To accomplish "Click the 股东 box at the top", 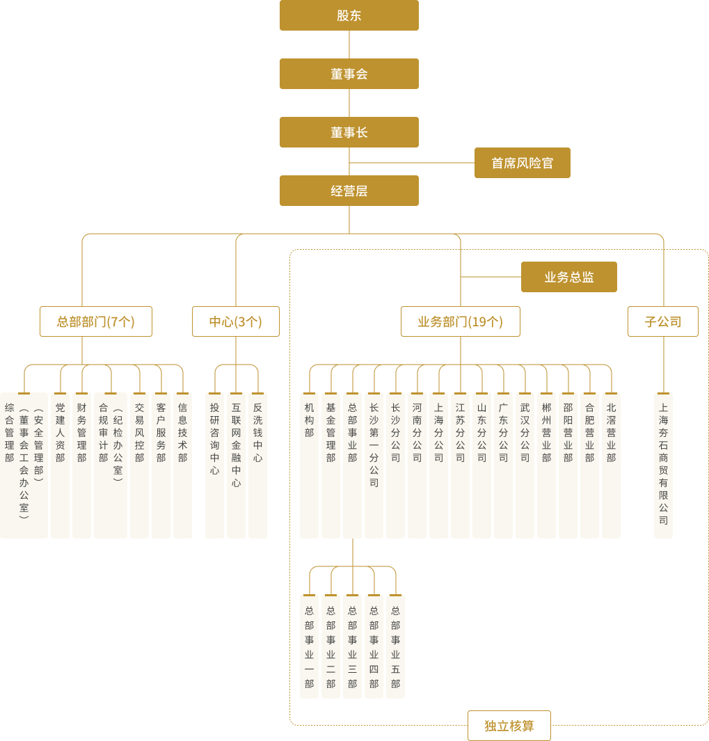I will (349, 15).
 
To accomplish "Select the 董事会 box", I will (349, 74).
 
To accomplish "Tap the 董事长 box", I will (349, 132).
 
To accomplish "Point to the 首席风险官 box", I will (522, 163).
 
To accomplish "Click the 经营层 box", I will (349, 191).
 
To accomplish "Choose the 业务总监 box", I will (568, 277).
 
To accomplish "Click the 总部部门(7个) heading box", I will (96, 321).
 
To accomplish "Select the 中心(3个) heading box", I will (236, 321).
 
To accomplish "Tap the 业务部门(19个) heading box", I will (460, 321).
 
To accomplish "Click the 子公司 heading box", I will (662, 321).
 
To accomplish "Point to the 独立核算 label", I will (509, 726).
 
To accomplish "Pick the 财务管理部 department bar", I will (82, 465).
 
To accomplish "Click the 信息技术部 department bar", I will (182, 465).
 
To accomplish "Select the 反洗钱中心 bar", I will (257, 465).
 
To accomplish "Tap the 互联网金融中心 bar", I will (236, 465).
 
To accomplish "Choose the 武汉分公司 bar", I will (525, 465).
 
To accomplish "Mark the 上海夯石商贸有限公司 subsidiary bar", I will (663, 465).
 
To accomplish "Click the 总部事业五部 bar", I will (395, 646).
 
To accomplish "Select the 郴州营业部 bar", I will (546, 465).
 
